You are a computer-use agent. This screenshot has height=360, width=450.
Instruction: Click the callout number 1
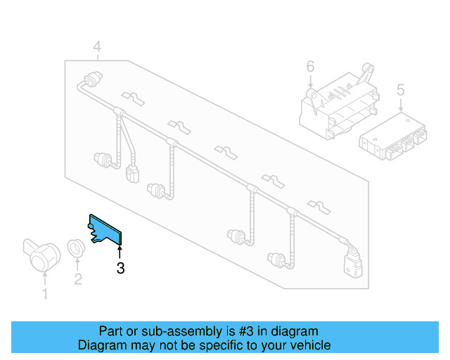(46, 294)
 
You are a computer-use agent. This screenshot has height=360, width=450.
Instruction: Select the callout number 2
(78, 279)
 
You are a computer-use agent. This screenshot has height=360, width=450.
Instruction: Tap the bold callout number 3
(120, 268)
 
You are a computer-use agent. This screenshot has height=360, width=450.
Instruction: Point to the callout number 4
(97, 47)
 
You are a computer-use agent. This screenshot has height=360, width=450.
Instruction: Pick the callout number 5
(401, 89)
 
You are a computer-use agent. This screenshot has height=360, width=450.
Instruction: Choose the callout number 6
(310, 67)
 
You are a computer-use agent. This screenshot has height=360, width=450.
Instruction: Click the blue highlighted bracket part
(105, 229)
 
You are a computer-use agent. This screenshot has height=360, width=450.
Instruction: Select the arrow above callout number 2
(77, 264)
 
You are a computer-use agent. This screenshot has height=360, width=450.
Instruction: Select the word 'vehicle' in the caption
(310, 345)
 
